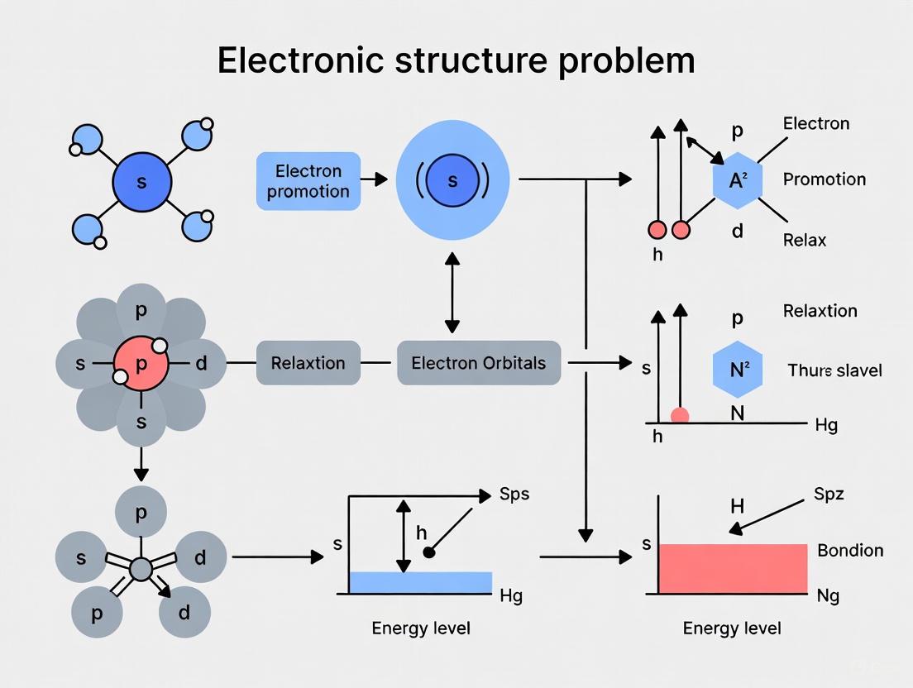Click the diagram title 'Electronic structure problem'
click(456, 61)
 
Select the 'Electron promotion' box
click(308, 181)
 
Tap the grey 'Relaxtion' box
click(308, 363)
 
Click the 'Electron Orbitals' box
click(479, 363)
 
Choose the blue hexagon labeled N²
click(736, 369)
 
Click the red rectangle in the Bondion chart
click(733, 568)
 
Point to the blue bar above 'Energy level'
click(420, 582)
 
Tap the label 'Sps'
click(514, 494)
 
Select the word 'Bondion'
click(850, 551)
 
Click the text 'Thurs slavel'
click(834, 370)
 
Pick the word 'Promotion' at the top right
click(824, 179)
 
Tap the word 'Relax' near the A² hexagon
click(805, 240)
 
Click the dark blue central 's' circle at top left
click(141, 182)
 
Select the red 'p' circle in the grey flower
click(141, 364)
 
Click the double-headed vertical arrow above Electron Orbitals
click(452, 293)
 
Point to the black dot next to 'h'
click(428, 552)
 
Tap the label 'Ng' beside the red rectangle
click(828, 595)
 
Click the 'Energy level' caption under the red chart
click(732, 628)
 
